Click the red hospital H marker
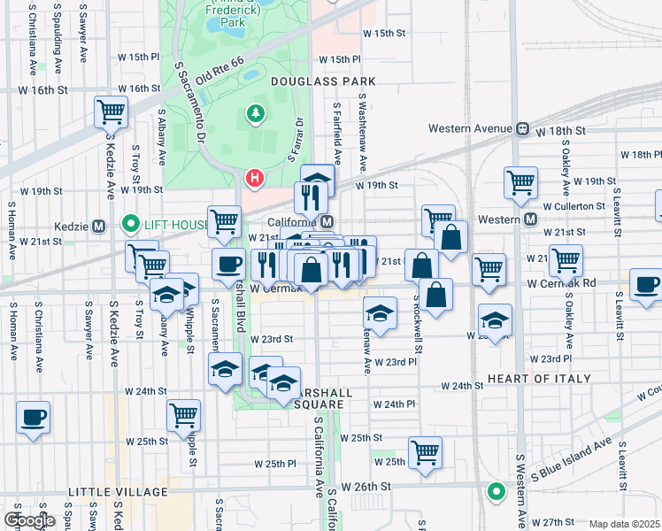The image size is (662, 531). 255,179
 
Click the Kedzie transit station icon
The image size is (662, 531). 98,225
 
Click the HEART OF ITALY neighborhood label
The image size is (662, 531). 539,378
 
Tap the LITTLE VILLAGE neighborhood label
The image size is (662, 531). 118,491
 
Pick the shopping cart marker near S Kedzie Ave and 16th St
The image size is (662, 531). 112,112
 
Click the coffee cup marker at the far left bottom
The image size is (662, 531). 34,417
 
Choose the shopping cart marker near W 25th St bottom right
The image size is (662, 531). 426,452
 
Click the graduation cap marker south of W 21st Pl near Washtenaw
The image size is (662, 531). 380,313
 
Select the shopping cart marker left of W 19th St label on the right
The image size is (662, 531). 520,183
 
